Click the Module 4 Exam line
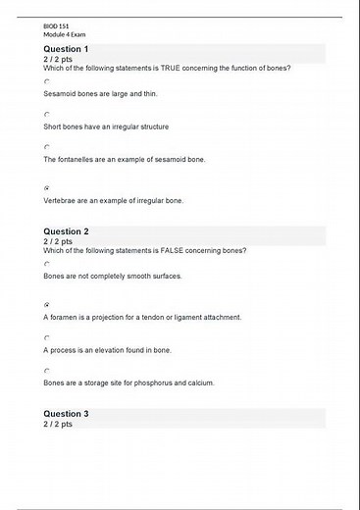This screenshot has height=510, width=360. pyautogui.click(x=64, y=33)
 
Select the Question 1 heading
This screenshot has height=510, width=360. pyautogui.click(x=66, y=49)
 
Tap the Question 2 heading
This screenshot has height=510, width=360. pyautogui.click(x=66, y=231)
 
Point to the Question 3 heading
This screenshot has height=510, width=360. pyautogui.click(x=66, y=414)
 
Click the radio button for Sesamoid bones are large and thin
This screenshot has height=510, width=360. pyautogui.click(x=46, y=81)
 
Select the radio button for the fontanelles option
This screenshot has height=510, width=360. pyautogui.click(x=46, y=147)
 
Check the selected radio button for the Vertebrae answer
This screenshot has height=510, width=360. pyautogui.click(x=46, y=186)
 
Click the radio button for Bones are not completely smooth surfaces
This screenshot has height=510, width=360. pyautogui.click(x=46, y=264)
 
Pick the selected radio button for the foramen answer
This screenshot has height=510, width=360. pyautogui.click(x=46, y=304)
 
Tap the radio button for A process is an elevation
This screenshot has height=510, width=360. pyautogui.click(x=46, y=337)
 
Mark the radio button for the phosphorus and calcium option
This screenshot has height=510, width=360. pyautogui.click(x=46, y=371)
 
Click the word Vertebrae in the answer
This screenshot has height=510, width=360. pyautogui.click(x=61, y=200)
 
